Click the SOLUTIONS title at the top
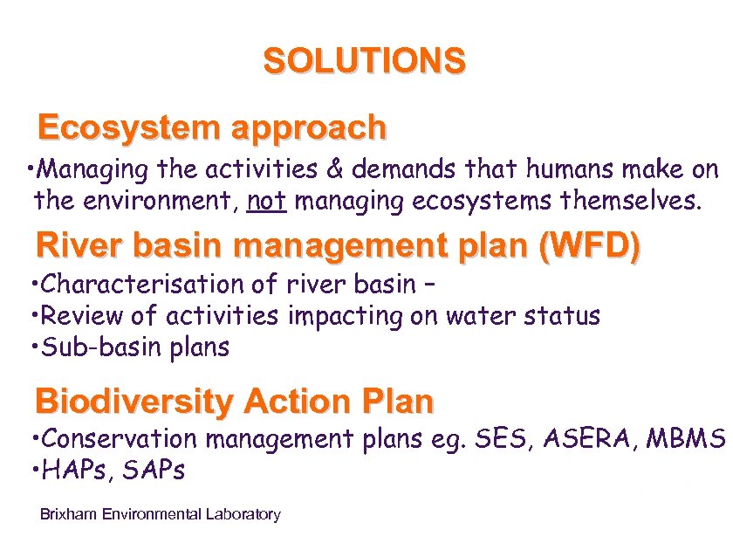click(364, 62)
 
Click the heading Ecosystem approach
click(211, 128)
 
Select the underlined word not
click(266, 203)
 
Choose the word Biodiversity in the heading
click(134, 402)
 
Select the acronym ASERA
click(589, 438)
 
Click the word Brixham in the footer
click(69, 514)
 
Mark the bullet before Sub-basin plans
click(32, 347)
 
